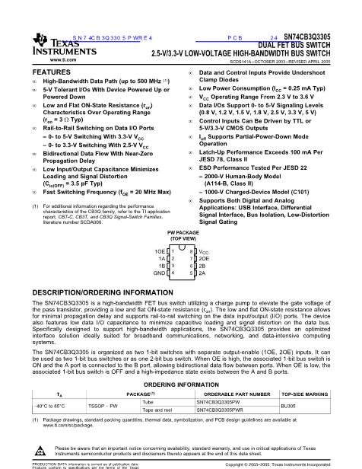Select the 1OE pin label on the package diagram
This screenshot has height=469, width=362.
[160, 250]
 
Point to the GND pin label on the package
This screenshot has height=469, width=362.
[159, 272]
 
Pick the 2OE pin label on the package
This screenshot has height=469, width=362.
[203, 257]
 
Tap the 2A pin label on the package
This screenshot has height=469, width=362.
[202, 272]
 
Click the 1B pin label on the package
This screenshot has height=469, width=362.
[161, 265]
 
